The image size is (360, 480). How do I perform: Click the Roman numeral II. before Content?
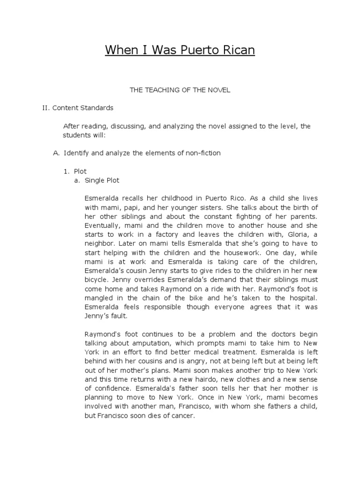[x=45, y=108]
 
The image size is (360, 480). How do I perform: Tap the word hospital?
[x=302, y=298]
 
